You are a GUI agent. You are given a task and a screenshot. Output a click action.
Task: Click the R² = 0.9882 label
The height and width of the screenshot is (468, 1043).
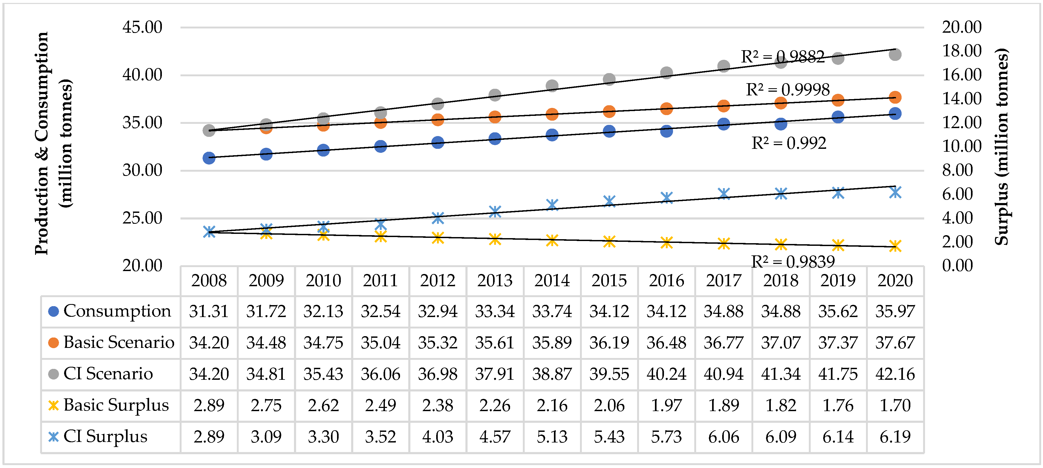point(782,57)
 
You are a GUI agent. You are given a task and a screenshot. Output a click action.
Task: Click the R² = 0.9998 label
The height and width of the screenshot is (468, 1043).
point(788,90)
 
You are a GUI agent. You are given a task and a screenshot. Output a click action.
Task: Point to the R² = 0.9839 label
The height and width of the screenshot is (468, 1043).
point(793,262)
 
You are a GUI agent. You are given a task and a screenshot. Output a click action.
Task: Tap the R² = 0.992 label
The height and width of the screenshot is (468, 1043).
point(788,143)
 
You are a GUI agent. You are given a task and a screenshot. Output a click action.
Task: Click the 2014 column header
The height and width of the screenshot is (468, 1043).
point(552,281)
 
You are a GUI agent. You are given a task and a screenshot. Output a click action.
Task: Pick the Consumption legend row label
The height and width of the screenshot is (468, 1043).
point(117,311)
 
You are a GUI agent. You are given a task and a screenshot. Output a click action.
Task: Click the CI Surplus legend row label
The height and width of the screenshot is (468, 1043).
point(105,436)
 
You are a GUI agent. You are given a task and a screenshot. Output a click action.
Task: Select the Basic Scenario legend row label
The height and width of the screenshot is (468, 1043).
point(119,343)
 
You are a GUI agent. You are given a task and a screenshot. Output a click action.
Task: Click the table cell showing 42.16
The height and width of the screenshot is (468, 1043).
point(895,374)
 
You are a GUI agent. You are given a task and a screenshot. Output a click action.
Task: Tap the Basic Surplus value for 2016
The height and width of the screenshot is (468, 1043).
point(666,405)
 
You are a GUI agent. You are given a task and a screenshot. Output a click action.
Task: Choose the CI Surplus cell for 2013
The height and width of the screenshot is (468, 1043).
point(495,436)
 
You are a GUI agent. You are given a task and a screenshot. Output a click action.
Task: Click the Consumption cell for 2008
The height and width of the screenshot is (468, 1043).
point(209,311)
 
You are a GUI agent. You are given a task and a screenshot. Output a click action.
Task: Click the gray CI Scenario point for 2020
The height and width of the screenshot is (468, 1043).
point(895,54)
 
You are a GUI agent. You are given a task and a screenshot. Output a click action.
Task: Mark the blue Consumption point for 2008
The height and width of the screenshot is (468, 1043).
point(209,158)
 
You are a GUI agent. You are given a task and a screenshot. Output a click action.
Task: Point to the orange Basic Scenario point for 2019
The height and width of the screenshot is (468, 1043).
point(838,100)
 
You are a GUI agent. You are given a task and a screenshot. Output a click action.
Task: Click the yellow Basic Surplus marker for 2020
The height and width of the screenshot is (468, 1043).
point(895,246)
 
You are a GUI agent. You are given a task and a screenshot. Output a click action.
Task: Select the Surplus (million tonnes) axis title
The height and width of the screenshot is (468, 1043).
point(1001,146)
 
